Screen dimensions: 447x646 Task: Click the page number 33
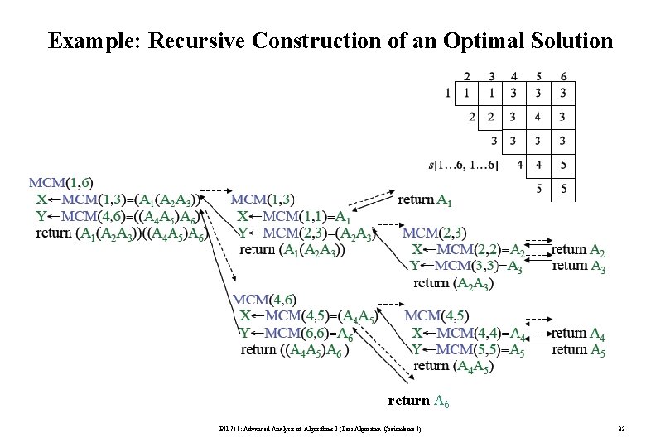pyautogui.click(x=622, y=428)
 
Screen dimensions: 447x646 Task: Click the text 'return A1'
pyautogui.click(x=425, y=199)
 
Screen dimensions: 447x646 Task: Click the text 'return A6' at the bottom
pyautogui.click(x=419, y=401)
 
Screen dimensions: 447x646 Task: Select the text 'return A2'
pyautogui.click(x=578, y=249)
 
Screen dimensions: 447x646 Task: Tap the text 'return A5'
pyautogui.click(x=578, y=349)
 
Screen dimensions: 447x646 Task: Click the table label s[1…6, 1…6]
pyautogui.click(x=464, y=166)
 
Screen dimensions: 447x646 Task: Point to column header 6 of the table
pyautogui.click(x=563, y=74)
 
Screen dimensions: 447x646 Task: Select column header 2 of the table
pyautogui.click(x=468, y=74)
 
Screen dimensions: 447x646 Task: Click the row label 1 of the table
pyautogui.click(x=449, y=93)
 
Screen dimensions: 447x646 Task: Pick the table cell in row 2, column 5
pyautogui.click(x=538, y=117)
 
